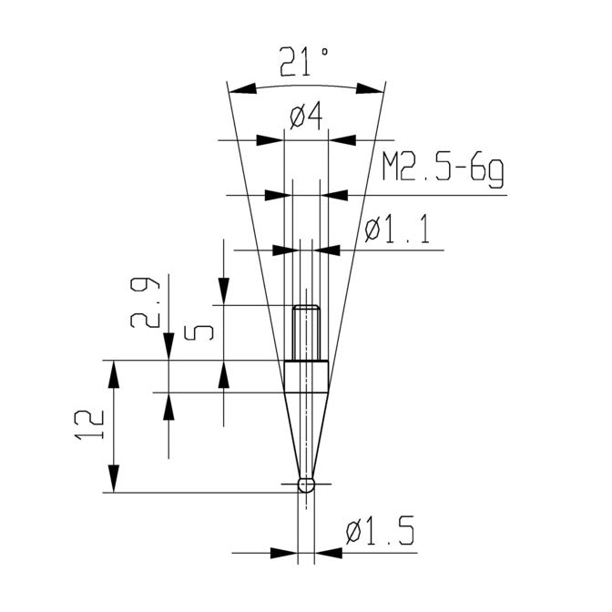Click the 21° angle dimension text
click(x=304, y=62)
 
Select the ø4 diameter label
click(x=306, y=117)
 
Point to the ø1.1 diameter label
click(x=397, y=230)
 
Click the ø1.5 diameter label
click(x=380, y=530)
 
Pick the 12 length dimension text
click(x=89, y=425)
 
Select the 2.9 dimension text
click(x=145, y=302)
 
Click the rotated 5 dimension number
click(x=199, y=332)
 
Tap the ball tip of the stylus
click(x=306, y=485)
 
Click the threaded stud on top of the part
click(x=306, y=332)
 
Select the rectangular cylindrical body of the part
click(x=306, y=377)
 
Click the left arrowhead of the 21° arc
click(x=242, y=88)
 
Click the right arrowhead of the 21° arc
click(x=370, y=88)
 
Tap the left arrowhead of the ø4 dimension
click(x=270, y=139)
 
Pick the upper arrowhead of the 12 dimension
click(x=114, y=374)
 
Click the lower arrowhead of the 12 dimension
click(x=114, y=479)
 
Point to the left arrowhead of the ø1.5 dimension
click(x=284, y=553)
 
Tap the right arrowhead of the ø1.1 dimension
click(x=326, y=250)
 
